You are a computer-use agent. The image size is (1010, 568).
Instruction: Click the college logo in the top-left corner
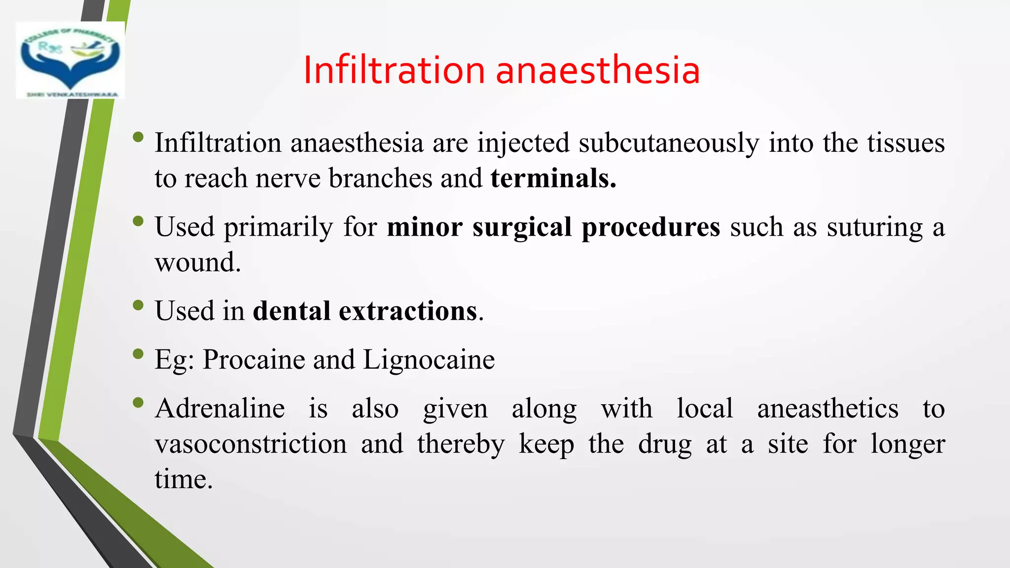[71, 60]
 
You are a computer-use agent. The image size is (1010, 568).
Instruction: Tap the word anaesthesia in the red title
[598, 70]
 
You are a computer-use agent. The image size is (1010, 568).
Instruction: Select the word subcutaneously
[669, 143]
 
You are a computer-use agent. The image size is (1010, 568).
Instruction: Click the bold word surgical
[522, 227]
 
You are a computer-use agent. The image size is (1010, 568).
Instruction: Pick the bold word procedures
[651, 227]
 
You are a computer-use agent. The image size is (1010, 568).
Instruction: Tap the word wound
[197, 262]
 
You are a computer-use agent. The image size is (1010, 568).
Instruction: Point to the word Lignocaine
[429, 359]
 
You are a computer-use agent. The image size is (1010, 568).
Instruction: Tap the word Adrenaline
[220, 409]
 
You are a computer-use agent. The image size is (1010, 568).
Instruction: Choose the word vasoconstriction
[251, 444]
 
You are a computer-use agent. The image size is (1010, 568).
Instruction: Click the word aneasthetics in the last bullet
[828, 409]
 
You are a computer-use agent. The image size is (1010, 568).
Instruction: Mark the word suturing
[874, 227]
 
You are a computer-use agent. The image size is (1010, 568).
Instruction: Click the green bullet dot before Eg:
[138, 354]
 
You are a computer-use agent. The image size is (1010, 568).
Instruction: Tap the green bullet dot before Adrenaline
[138, 403]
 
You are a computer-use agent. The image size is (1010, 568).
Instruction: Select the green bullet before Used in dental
[138, 306]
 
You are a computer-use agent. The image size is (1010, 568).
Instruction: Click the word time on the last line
[183, 479]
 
